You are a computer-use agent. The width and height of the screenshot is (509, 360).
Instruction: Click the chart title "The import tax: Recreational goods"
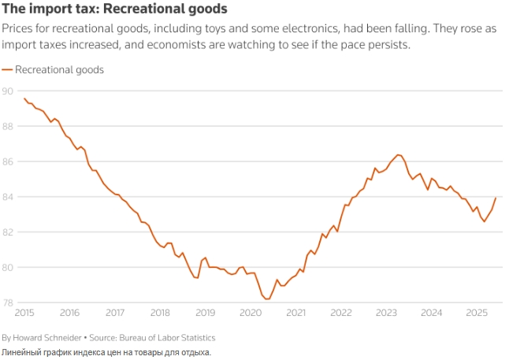pos(115,9)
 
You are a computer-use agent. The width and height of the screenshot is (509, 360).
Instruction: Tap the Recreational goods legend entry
pos(59,69)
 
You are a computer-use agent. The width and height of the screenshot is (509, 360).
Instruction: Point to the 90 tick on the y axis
pos(7,91)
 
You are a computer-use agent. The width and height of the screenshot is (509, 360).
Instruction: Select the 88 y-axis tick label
pos(7,126)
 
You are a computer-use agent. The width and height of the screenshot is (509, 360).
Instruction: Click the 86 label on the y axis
pos(7,161)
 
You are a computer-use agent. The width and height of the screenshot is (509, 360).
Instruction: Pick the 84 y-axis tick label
pos(7,197)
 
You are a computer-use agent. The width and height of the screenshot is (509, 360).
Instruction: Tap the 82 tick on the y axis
pos(7,232)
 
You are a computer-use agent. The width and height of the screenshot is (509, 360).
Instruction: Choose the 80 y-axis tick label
pos(7,268)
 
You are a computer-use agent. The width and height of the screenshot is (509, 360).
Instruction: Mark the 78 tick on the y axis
pos(7,303)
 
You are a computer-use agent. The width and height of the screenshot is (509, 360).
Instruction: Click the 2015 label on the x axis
pos(24,313)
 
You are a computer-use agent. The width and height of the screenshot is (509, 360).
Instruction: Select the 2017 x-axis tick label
pos(115,313)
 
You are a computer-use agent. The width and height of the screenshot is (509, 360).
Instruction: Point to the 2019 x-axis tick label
pos(206,313)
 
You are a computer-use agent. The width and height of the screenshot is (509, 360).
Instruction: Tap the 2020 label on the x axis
pos(251,313)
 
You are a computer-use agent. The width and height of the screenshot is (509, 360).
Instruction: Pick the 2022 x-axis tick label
pos(341,313)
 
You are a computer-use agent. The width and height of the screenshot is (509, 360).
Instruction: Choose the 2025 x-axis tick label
pos(477,313)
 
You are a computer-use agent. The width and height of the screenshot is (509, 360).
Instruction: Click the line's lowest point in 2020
pos(267,299)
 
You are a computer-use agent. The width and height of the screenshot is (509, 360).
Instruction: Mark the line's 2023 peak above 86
pos(398,154)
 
